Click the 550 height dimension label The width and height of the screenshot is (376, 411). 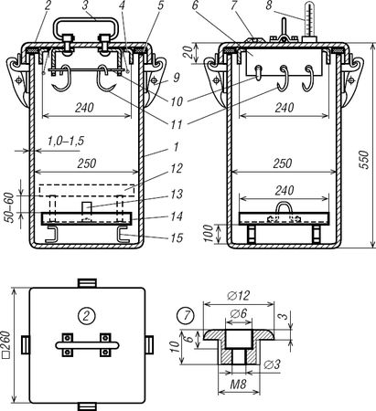[363, 160]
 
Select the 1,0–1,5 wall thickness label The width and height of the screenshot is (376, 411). [66, 142]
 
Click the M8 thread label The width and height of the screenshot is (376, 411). [238, 385]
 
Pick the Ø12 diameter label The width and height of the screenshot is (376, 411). [239, 296]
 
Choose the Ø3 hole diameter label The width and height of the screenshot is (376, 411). [272, 364]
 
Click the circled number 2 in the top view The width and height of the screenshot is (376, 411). [87, 316]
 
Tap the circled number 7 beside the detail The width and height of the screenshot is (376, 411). [186, 316]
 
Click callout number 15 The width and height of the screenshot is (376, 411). [177, 237]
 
